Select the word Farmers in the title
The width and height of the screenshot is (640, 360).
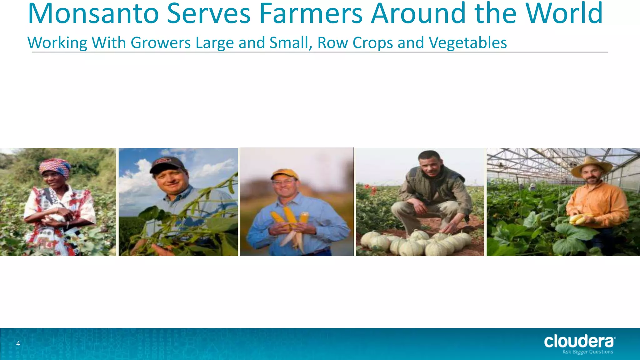tap(311, 14)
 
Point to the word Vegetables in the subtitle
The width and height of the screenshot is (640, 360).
tap(467, 43)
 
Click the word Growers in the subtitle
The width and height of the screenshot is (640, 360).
tap(161, 43)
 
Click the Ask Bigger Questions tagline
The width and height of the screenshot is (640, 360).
tap(587, 352)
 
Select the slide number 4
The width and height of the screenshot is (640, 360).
tap(18, 344)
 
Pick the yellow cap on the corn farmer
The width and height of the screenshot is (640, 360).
tap(284, 174)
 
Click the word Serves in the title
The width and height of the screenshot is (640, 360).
tap(209, 14)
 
